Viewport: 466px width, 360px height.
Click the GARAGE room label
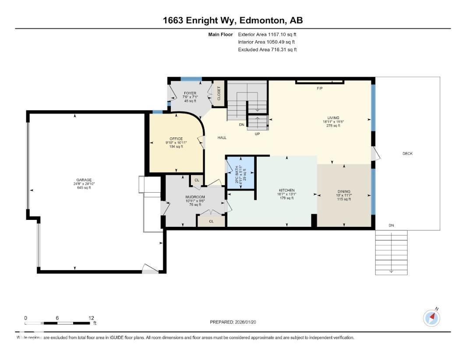84,180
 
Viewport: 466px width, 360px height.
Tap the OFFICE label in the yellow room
176,139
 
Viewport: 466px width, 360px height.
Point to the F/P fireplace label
320,88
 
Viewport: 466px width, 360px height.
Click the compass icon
431,318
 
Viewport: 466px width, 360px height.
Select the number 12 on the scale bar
91,318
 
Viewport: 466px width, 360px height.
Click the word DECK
407,153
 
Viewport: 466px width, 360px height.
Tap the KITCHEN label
286,191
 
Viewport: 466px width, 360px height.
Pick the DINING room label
344,191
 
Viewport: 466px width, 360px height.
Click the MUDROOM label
195,197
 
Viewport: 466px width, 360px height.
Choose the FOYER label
190,93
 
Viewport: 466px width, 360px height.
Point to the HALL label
222,138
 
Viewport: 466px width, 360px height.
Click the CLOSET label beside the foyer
219,93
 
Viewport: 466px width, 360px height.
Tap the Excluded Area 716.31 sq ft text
267,50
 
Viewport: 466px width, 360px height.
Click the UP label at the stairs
258,134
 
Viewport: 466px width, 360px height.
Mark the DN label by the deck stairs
391,226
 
